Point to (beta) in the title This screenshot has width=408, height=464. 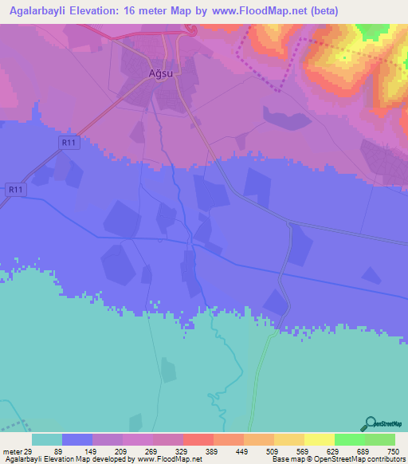click(324, 11)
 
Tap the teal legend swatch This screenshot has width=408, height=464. click(46, 439)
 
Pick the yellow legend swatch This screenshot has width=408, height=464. click(319, 439)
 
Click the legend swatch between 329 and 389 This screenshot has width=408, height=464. click(198, 439)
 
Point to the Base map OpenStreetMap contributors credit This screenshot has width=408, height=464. click(338, 459)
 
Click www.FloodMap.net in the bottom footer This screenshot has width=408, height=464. click(168, 459)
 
